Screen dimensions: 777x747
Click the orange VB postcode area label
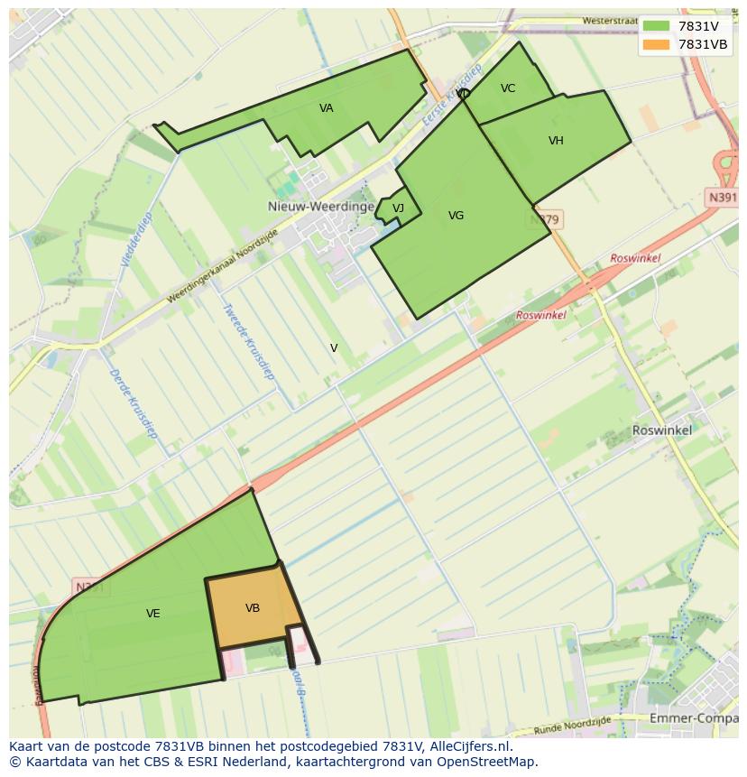(253, 608)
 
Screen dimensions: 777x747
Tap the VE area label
(153, 614)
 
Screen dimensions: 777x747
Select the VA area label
(327, 108)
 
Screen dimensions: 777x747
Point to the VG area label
(456, 216)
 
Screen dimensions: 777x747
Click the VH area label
(556, 141)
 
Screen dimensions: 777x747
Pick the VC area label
(508, 88)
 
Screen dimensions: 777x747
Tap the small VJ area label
(398, 209)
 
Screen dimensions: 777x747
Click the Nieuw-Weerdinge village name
(320, 207)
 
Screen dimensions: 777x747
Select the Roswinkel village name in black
(662, 430)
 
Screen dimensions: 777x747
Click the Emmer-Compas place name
(693, 718)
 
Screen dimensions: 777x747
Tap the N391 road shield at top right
(722, 198)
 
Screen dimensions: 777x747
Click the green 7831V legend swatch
(657, 26)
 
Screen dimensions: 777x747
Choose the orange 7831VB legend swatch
(657, 44)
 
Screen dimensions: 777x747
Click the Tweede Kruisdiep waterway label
(248, 340)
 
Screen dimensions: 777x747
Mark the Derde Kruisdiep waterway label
(134, 402)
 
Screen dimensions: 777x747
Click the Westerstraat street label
(609, 20)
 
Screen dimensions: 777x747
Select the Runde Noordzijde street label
(571, 724)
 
